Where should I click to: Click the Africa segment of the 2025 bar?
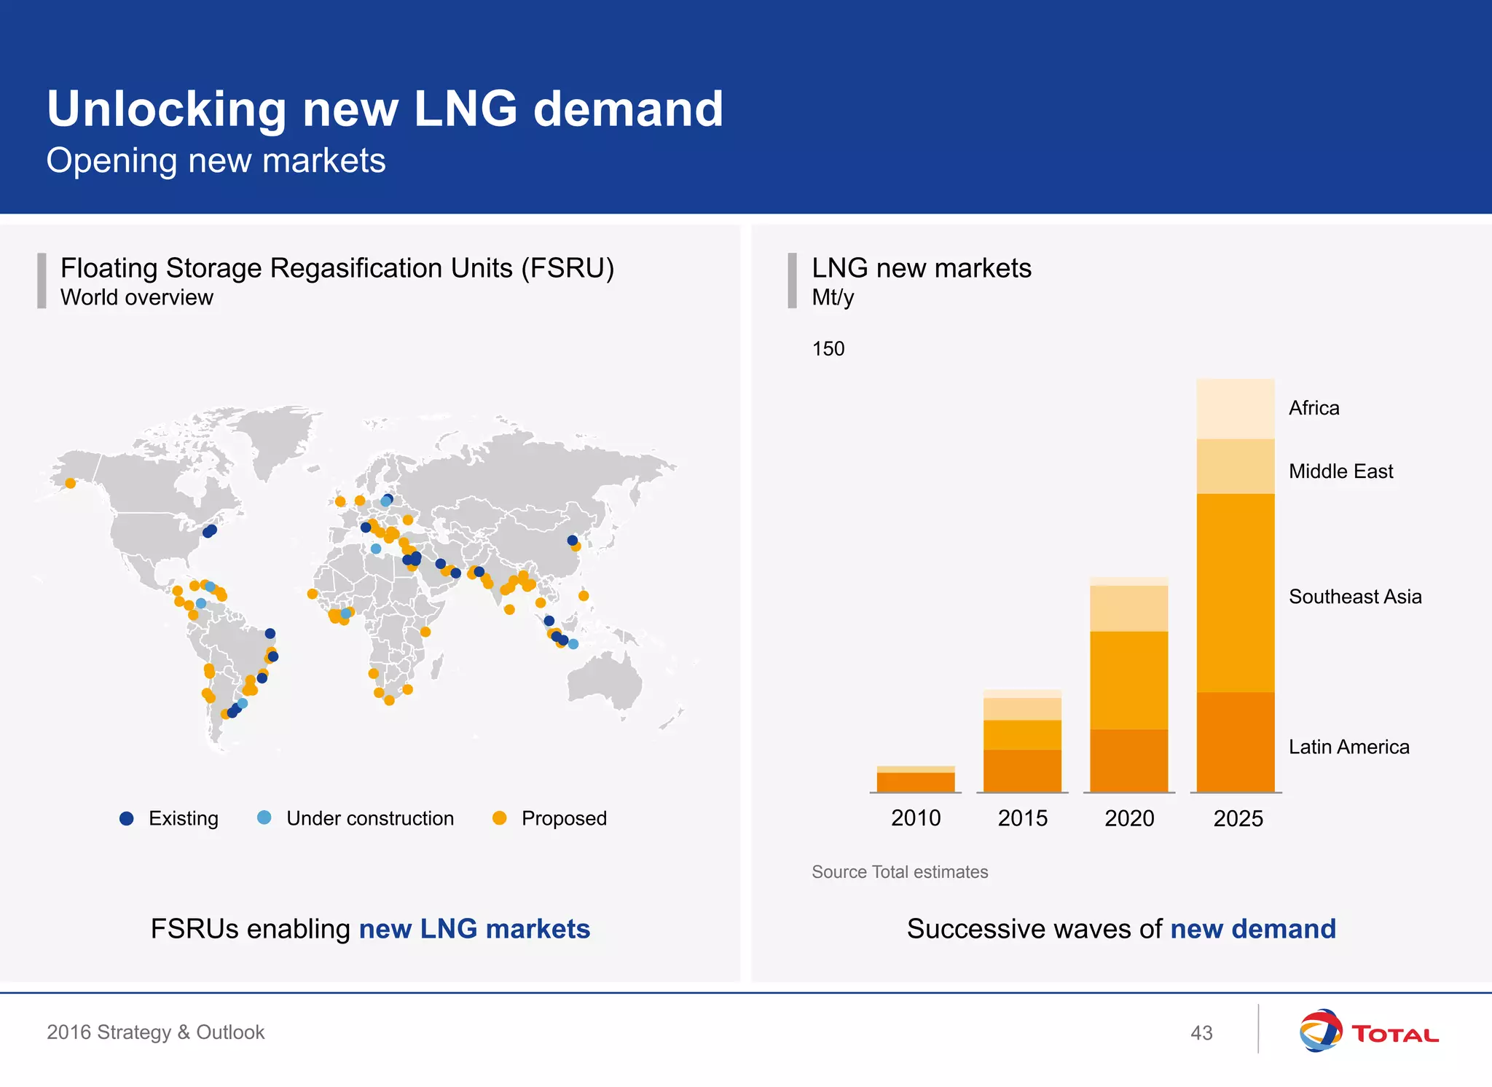pos(1235,408)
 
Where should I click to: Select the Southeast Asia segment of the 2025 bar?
pos(1235,592)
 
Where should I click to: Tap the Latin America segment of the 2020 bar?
pos(1128,760)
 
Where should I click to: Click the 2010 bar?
pos(916,780)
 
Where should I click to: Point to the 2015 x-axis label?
pos(1022,818)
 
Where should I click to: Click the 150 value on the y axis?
pos(828,349)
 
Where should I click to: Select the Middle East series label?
pos(1340,471)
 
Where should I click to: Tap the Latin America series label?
pos(1348,747)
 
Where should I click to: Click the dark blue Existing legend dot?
pos(127,818)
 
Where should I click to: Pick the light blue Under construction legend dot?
pos(264,817)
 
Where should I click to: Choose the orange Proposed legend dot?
pos(500,817)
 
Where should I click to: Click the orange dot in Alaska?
pos(71,483)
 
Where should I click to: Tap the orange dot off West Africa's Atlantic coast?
pos(313,594)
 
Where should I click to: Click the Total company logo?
pos(1368,1031)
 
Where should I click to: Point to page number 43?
pos(1201,1033)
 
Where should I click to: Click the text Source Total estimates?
pos(900,872)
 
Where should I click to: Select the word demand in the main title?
pos(628,109)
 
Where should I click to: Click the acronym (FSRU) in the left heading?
pos(568,268)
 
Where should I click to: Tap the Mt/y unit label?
pos(833,297)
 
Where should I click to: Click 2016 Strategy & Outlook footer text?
pos(156,1032)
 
